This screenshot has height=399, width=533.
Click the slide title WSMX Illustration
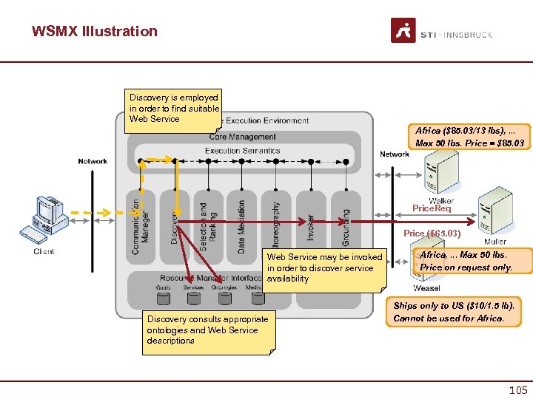(95, 31)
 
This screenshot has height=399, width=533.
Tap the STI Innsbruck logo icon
(403, 30)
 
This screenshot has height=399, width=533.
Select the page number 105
(517, 389)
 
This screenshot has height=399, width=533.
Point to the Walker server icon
(443, 171)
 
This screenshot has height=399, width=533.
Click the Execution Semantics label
(242, 151)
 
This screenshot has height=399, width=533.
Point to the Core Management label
(242, 137)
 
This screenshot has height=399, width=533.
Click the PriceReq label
(431, 208)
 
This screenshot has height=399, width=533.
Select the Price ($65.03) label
(432, 233)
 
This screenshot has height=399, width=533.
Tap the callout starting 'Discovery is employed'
(174, 109)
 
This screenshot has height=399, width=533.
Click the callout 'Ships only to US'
(454, 312)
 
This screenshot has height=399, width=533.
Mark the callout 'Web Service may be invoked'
(324, 267)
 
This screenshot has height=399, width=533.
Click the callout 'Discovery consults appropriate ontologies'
(208, 330)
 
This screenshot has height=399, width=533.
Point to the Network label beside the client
(93, 161)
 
